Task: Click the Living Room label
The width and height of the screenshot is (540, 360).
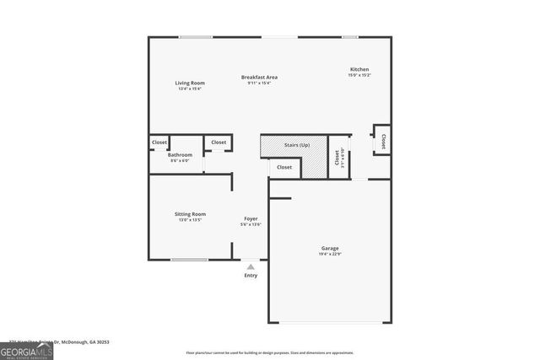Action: click(x=191, y=83)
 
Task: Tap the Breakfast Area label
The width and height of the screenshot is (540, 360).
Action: click(x=259, y=77)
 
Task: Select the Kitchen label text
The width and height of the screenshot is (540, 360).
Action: click(x=360, y=69)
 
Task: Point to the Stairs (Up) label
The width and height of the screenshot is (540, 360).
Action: click(x=296, y=145)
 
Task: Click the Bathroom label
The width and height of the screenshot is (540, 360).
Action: click(x=180, y=155)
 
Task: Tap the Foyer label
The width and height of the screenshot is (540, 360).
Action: click(x=251, y=218)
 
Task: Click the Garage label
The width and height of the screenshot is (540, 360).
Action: click(x=330, y=248)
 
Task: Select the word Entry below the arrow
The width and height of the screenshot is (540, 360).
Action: click(x=251, y=276)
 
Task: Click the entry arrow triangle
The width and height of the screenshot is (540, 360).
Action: click(x=251, y=266)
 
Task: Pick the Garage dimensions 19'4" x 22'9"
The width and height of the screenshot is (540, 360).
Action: click(x=330, y=254)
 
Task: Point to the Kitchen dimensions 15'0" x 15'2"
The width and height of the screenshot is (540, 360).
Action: click(x=360, y=76)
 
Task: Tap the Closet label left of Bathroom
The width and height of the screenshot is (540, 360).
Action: click(x=159, y=142)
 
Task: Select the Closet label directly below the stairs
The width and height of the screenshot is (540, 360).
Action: click(x=284, y=167)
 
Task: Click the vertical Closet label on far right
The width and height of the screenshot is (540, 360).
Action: click(x=384, y=142)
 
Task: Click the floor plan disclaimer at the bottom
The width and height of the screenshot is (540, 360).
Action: click(x=270, y=353)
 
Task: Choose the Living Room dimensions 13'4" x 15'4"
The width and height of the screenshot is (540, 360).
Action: click(x=191, y=89)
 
